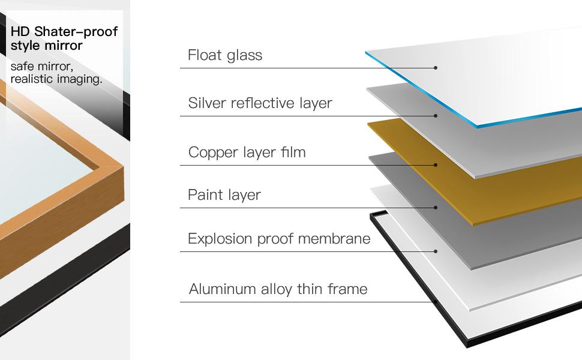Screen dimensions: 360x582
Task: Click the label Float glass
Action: [225, 55]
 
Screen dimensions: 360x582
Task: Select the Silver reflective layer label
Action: [260, 103]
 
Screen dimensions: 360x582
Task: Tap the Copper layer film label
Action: [247, 152]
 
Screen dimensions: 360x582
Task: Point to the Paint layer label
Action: [224, 195]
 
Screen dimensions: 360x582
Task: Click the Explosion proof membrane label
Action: [279, 239]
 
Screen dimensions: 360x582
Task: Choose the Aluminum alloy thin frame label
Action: [278, 289]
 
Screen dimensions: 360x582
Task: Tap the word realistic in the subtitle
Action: [35, 79]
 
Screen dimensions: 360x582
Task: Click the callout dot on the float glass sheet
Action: [436, 68]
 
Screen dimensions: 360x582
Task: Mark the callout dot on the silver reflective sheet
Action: [436, 116]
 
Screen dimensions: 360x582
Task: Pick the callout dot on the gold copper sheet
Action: [436, 165]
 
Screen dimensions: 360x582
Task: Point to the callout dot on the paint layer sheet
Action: [436, 208]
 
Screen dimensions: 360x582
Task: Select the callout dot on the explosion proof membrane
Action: [436, 251]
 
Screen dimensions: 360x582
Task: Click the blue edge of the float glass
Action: [420, 90]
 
